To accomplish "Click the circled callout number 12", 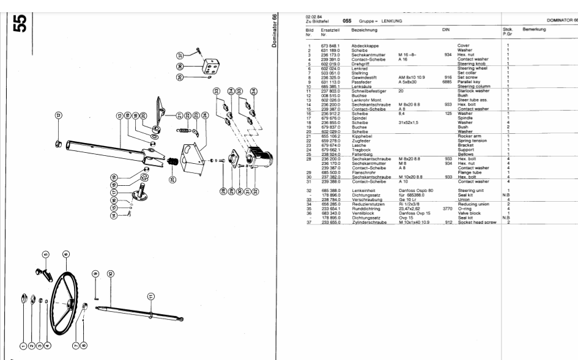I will [57, 115].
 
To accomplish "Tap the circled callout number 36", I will [180, 66].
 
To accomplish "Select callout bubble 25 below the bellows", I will [173, 180].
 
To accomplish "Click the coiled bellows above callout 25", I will [173, 161].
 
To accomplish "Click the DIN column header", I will [445, 29].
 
